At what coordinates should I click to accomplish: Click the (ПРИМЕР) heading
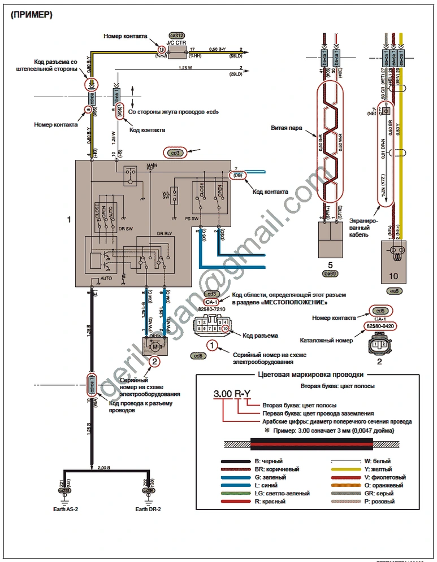pos(31,15)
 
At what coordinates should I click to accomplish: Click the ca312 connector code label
pos(178,35)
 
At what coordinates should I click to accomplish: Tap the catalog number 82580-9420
pos(379,326)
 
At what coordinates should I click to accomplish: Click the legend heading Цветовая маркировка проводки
pos(310,374)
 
